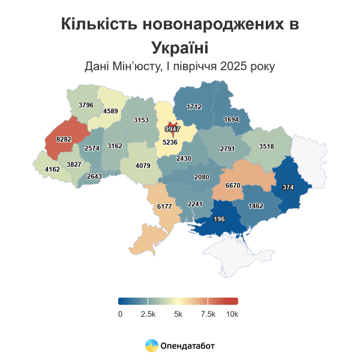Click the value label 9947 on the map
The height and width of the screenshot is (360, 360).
tap(172, 129)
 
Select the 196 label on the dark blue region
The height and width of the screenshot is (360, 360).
tap(219, 219)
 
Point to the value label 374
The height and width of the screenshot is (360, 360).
tap(288, 187)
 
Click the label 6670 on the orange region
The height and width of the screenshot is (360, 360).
tap(233, 186)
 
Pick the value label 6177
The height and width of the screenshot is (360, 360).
tap(164, 206)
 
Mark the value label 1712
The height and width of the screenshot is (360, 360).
tap(194, 107)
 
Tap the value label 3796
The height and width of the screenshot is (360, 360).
tap(86, 105)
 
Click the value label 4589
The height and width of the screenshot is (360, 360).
tap(110, 111)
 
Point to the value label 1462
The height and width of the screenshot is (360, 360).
tap(256, 206)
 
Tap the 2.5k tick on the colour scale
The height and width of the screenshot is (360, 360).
tap(148, 314)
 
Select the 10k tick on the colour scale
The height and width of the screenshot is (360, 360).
tap(232, 314)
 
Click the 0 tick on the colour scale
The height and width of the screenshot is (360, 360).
tap(120, 314)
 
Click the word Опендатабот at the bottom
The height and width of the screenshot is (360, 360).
tap(188, 346)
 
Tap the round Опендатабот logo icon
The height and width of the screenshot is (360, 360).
tap(152, 346)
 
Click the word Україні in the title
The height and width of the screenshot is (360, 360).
tap(179, 47)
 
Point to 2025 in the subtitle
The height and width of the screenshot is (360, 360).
tap(236, 66)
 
